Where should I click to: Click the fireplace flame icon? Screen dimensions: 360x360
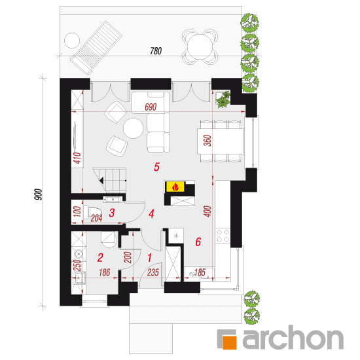(175, 187)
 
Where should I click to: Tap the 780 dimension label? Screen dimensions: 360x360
(156, 51)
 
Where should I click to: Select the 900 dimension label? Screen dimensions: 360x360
(38, 194)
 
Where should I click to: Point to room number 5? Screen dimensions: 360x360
(156, 167)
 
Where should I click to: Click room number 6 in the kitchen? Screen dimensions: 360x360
(198, 242)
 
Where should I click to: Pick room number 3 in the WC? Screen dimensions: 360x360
(112, 213)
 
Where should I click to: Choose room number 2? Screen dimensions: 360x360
(100, 258)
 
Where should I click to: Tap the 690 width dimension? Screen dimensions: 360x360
(151, 107)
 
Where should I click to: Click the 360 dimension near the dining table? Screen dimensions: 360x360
(207, 141)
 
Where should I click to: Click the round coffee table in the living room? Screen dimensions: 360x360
(133, 128)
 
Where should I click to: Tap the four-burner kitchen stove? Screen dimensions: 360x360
(223, 236)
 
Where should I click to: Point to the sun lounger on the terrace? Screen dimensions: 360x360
(96, 48)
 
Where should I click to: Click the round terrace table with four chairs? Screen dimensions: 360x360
(200, 46)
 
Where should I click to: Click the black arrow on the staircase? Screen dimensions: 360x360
(101, 181)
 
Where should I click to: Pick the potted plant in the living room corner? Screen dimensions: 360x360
(223, 99)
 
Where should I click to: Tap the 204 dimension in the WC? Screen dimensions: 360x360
(96, 218)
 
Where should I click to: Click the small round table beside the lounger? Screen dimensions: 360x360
(72, 41)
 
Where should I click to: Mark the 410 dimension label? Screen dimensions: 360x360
(78, 158)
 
